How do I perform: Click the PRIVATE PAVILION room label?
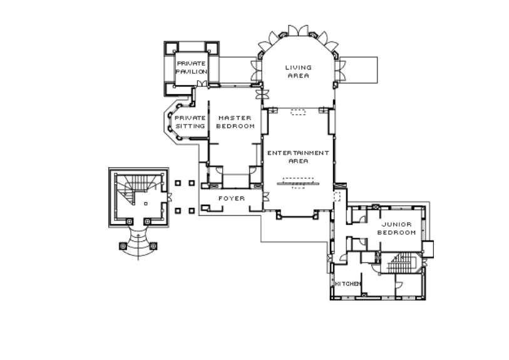coord(192,68)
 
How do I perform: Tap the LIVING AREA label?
coord(298,71)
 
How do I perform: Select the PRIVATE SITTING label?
coord(190,121)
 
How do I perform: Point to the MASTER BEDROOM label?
coord(235,121)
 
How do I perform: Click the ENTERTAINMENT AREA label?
coord(298,157)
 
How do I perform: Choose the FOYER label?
coord(232,198)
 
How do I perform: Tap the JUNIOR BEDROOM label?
coord(396,228)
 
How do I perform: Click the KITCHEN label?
coord(347,284)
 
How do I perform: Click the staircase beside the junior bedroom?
coord(401,263)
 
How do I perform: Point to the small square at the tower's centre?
coord(146,204)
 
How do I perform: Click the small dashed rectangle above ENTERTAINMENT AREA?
coord(298,112)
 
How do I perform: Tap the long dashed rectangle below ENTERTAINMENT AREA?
coord(298,180)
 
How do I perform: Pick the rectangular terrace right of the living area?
coord(358,69)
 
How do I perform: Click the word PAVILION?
coord(192,71)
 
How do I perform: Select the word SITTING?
coord(190,126)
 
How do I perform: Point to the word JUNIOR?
coord(396,224)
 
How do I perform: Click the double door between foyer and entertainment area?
coord(266,197)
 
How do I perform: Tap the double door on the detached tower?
coord(169,197)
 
